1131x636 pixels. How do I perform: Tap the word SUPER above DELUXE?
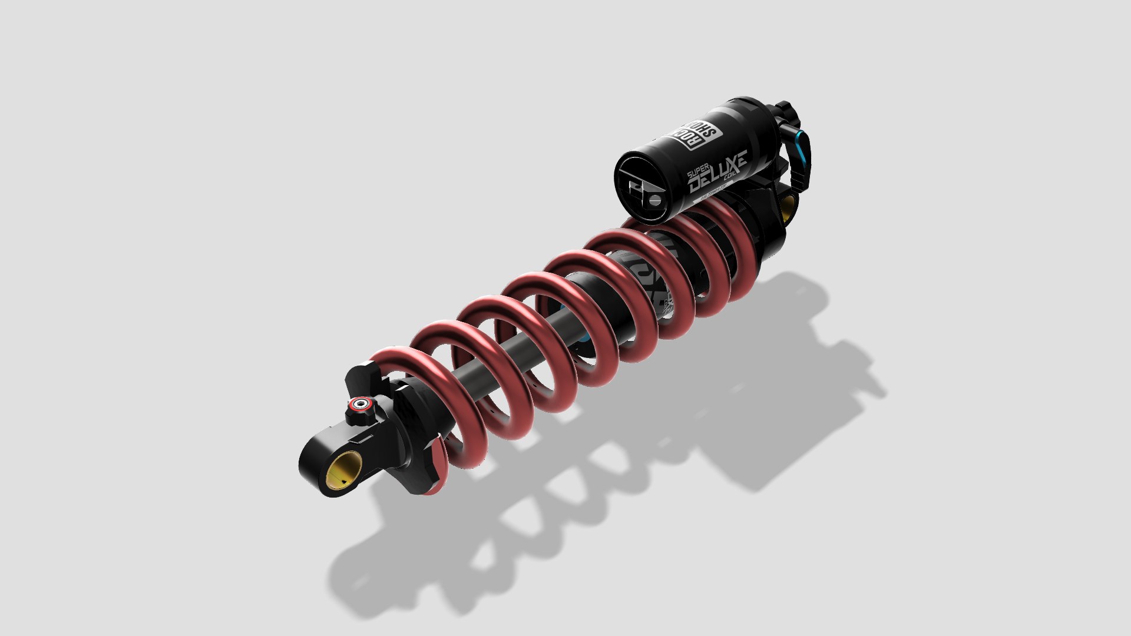click(697, 173)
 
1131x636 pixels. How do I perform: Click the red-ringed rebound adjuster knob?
click(360, 405)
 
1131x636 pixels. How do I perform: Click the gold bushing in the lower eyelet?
click(343, 469)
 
